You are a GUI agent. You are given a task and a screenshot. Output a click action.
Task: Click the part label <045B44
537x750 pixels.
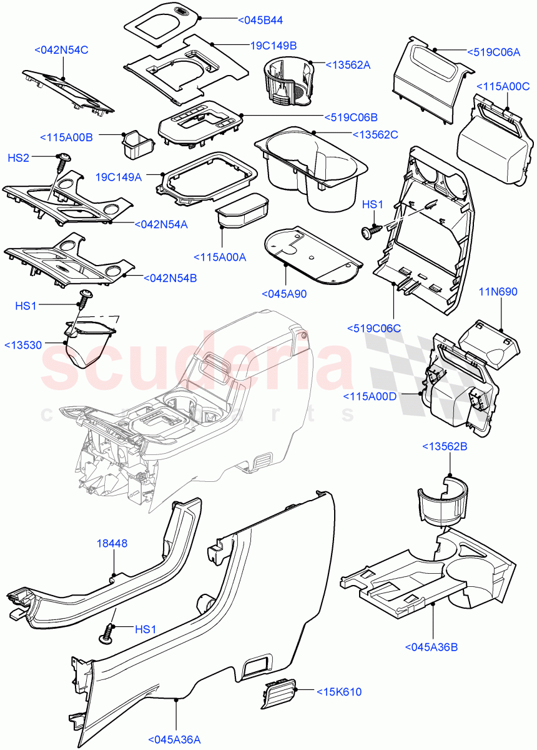260,21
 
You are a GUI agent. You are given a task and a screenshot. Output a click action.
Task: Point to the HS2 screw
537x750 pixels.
63,162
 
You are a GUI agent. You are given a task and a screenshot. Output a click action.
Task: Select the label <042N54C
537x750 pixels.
62,49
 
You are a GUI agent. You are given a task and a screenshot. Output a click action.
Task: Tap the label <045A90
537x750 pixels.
284,294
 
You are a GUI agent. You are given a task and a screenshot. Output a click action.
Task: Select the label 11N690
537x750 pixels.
498,292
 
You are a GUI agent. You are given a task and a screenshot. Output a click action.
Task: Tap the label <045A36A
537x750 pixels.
175,740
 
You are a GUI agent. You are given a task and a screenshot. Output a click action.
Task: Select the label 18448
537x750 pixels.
112,544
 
